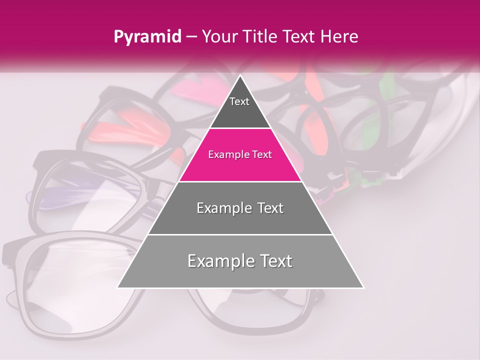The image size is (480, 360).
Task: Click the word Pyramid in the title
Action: pyautogui.click(x=147, y=37)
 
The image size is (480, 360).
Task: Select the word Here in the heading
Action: pyautogui.click(x=340, y=36)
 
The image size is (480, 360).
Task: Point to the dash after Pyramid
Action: pyautogui.click(x=190, y=37)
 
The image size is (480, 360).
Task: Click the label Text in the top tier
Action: pyautogui.click(x=239, y=101)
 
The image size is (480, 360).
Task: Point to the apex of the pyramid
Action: pyautogui.click(x=240, y=76)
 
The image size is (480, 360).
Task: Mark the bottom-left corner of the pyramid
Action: pyautogui.click(x=118, y=287)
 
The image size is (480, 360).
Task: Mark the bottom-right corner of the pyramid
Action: pyautogui.click(x=363, y=287)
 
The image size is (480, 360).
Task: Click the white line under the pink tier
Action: pyautogui.click(x=240, y=181)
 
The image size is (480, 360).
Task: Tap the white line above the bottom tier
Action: pyautogui.click(x=240, y=234)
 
